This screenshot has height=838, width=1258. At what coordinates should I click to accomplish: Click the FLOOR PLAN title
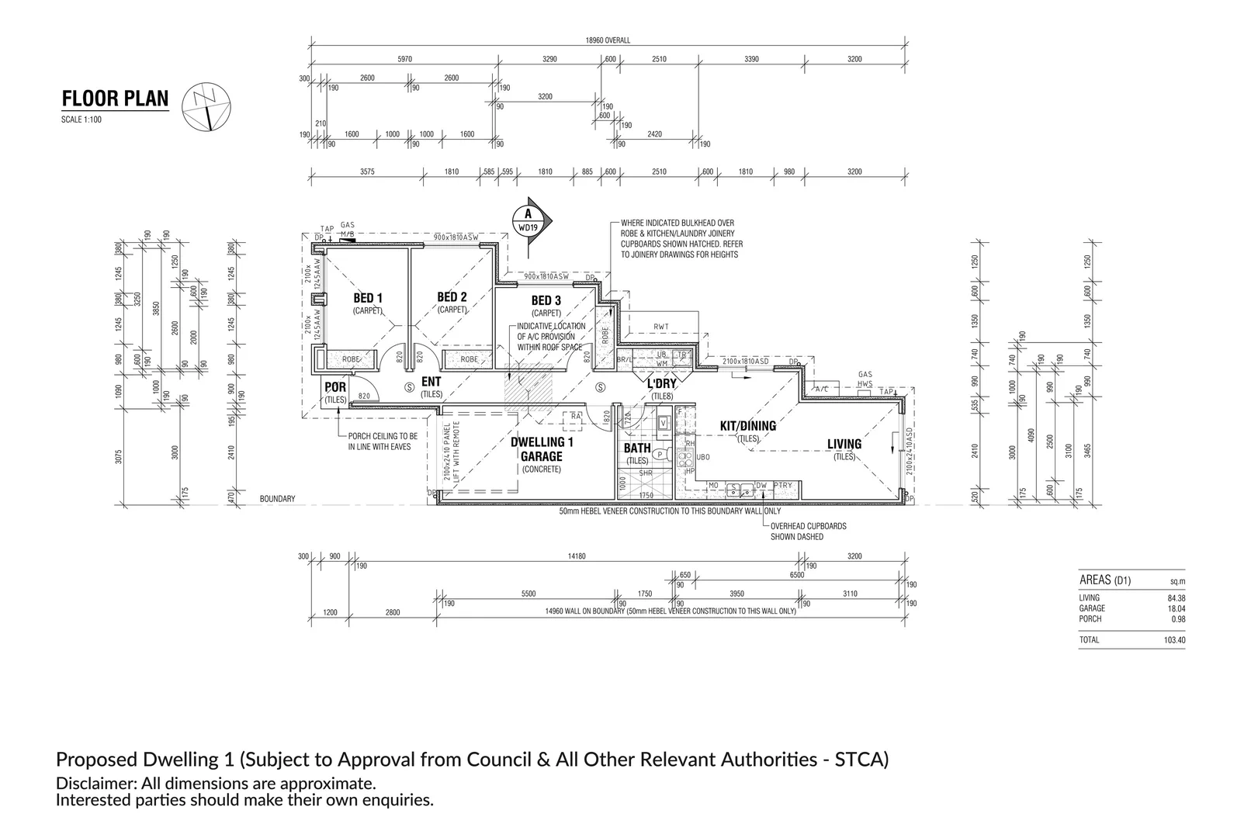[x=115, y=99]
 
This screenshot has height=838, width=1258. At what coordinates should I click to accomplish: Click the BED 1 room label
[x=368, y=298]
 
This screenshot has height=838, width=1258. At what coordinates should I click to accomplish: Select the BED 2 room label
[x=452, y=297]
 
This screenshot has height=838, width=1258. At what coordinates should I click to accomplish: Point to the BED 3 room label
[x=546, y=300]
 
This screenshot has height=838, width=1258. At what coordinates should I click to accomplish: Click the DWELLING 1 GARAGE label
[x=542, y=449]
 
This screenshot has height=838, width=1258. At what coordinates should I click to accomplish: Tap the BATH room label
[x=637, y=448]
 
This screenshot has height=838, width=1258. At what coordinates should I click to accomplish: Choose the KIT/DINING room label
[x=748, y=426]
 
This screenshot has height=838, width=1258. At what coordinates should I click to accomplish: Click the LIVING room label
[x=844, y=445]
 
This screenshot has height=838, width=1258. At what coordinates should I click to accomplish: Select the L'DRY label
[x=662, y=384]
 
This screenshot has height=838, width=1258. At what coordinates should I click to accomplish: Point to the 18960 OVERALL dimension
[x=608, y=40]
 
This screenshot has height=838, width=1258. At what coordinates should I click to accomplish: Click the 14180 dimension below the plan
[x=576, y=556]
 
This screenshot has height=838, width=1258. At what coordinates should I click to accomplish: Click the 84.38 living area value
[x=1177, y=598]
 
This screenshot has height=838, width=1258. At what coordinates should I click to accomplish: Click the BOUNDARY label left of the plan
[x=277, y=499]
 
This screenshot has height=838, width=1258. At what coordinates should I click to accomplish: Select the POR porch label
[x=335, y=387]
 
